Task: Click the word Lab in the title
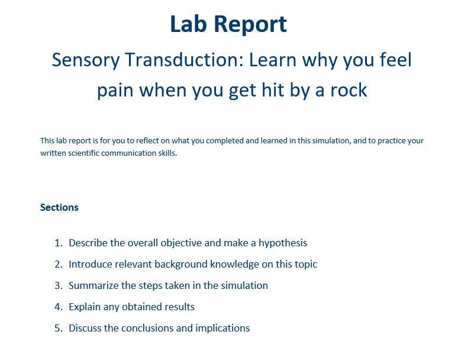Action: (x=189, y=24)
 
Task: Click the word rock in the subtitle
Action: (x=347, y=90)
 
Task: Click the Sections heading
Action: (x=59, y=207)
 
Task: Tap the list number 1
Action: (x=58, y=243)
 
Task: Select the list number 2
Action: (x=58, y=264)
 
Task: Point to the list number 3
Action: (x=58, y=285)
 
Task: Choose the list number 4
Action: (x=58, y=307)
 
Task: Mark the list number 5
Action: (x=58, y=328)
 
